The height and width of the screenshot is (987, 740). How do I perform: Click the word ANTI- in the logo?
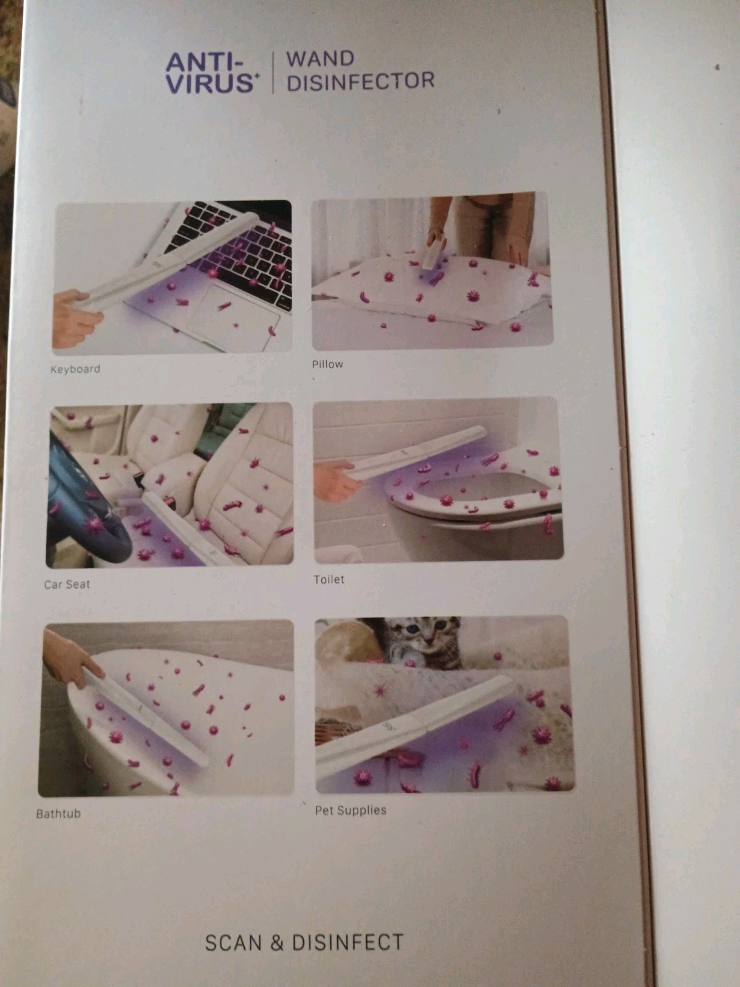pyautogui.click(x=205, y=62)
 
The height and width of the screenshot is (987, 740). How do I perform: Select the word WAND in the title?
pyautogui.click(x=320, y=59)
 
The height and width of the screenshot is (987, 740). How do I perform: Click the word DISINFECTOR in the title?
pyautogui.click(x=361, y=81)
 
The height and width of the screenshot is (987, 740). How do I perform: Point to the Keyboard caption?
pyautogui.click(x=75, y=369)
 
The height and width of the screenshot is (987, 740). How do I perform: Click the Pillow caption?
pyautogui.click(x=327, y=364)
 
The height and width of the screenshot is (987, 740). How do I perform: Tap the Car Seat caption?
pyautogui.click(x=67, y=585)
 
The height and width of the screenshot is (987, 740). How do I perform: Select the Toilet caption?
pyautogui.click(x=329, y=580)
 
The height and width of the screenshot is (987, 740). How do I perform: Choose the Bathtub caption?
pyautogui.click(x=59, y=814)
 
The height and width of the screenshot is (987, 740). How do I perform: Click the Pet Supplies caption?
pyautogui.click(x=350, y=811)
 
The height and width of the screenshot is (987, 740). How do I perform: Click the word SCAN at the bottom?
pyautogui.click(x=233, y=943)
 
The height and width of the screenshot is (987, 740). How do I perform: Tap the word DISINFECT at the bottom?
pyautogui.click(x=348, y=942)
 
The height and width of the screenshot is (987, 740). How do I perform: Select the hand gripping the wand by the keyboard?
pyautogui.click(x=76, y=318)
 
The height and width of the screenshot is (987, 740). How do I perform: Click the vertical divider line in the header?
pyautogui.click(x=273, y=72)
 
